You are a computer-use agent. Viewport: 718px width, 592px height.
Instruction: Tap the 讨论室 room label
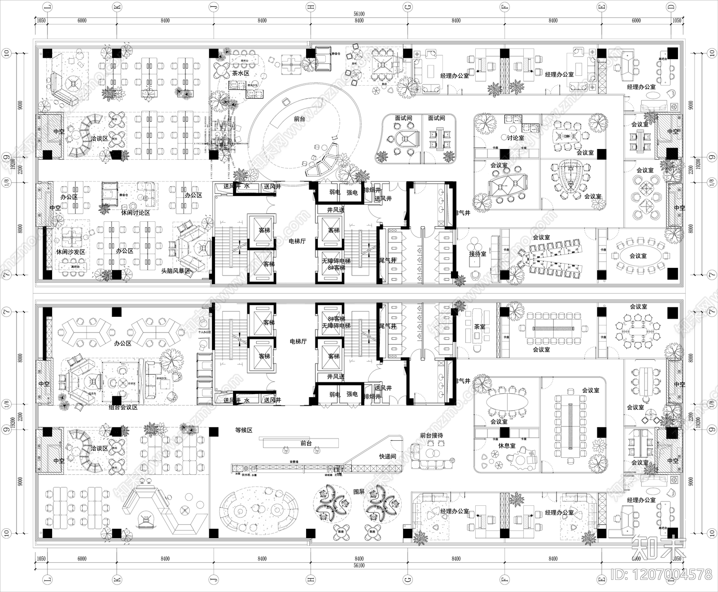click(516, 138)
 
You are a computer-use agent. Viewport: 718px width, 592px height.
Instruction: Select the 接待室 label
click(477, 254)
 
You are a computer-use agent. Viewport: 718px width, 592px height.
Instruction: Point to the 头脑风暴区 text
click(176, 271)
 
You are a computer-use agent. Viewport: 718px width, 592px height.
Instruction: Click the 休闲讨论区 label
click(136, 212)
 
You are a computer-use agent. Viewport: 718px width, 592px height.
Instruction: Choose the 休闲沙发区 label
click(70, 252)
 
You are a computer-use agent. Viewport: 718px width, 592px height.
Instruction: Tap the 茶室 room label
click(480, 327)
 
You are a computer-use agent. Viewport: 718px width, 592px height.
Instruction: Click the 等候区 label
click(244, 430)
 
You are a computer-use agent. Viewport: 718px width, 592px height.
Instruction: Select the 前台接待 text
click(431, 435)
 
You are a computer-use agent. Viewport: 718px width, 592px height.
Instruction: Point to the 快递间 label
click(387, 456)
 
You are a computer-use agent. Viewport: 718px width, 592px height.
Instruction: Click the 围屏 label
click(359, 492)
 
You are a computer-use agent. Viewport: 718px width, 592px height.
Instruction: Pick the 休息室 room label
click(507, 446)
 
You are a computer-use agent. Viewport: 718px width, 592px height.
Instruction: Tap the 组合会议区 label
click(123, 407)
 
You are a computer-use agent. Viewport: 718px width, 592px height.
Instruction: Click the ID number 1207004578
click(661, 574)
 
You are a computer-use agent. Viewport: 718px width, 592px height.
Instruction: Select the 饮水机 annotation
click(246, 474)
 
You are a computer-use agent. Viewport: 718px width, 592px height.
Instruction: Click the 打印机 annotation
click(338, 474)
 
